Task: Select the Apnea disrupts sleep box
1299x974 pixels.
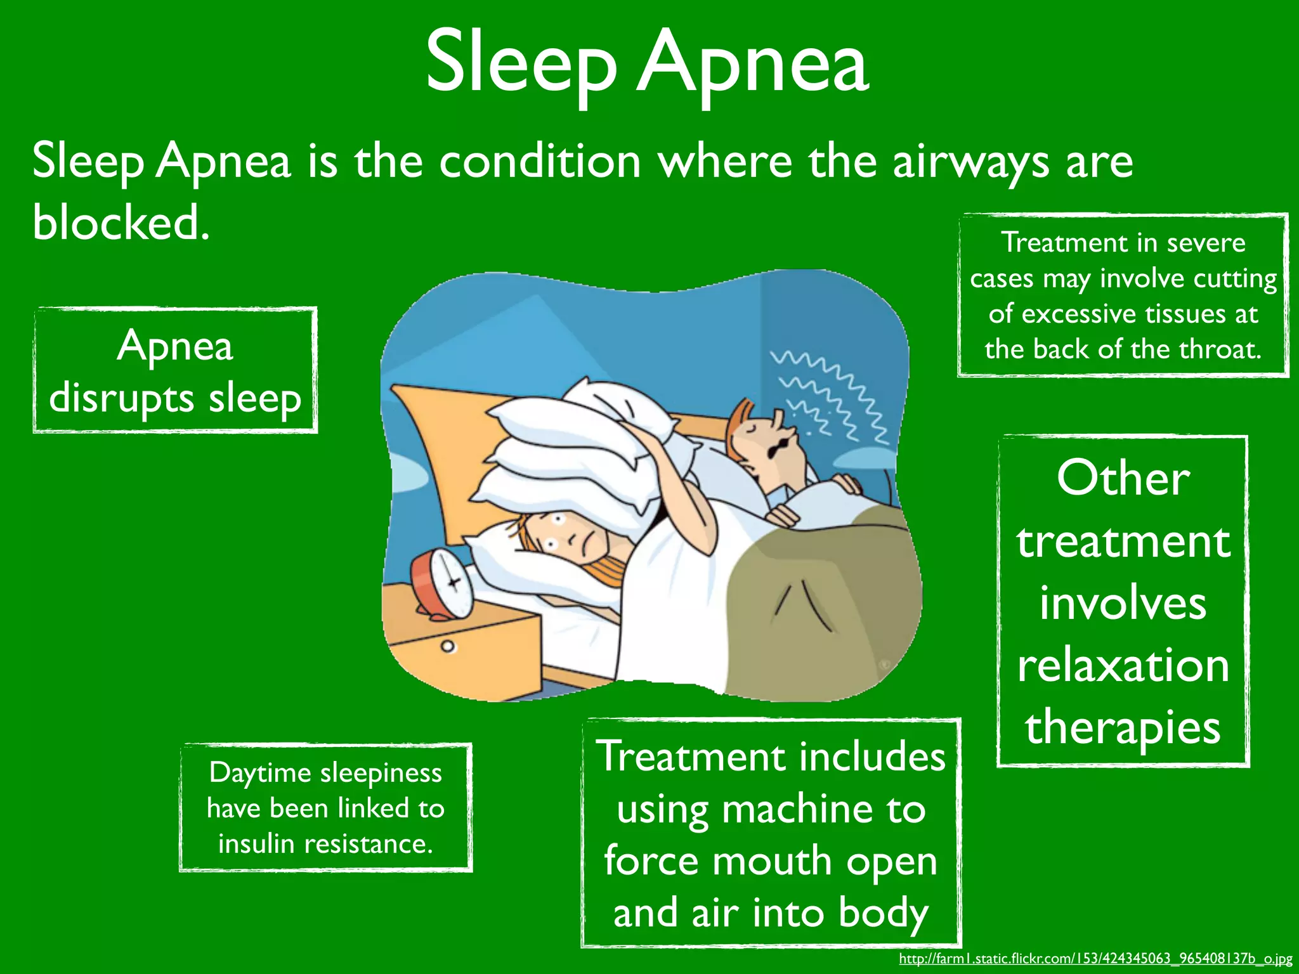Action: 175,370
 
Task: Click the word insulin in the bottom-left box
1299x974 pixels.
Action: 256,843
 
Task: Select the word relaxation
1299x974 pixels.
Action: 1123,666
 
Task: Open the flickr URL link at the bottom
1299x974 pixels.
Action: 1095,959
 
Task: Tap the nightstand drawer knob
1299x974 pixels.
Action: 448,647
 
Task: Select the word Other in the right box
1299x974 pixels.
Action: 1123,478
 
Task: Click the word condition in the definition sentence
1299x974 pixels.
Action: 540,162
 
